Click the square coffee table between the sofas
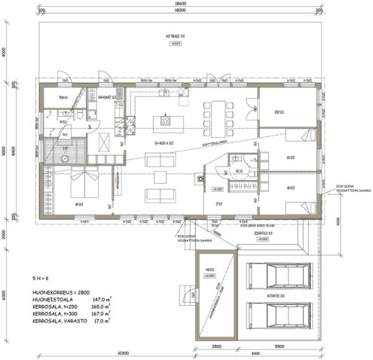pyautogui.click(x=160, y=177)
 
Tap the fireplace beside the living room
pyautogui.click(x=200, y=179)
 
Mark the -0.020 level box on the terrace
pyautogui.click(x=175, y=44)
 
